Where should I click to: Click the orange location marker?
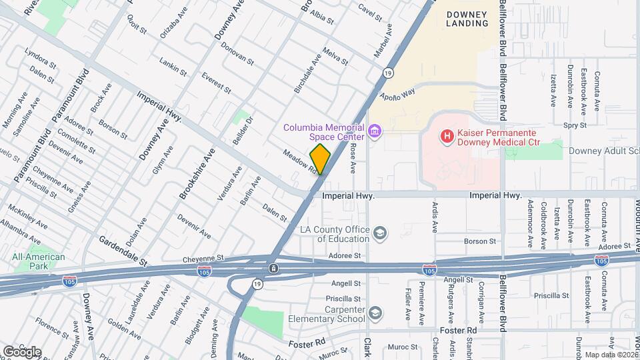point(321,159)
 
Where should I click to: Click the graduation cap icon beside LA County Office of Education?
point(380,233)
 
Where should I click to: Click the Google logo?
point(22,351)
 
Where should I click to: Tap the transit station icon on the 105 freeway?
point(273,269)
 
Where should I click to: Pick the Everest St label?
point(216,83)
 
